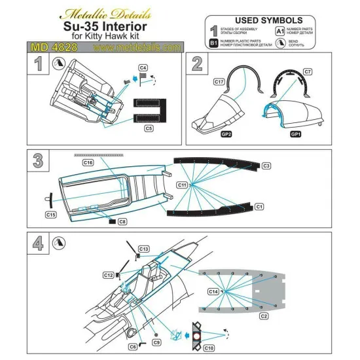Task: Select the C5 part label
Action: coord(149,130)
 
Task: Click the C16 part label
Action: coord(88,162)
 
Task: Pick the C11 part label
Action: coord(184,186)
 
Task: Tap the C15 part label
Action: coord(50,214)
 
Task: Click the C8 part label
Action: coord(122,223)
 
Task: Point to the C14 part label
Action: coord(213,290)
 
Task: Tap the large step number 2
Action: coord(196,63)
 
